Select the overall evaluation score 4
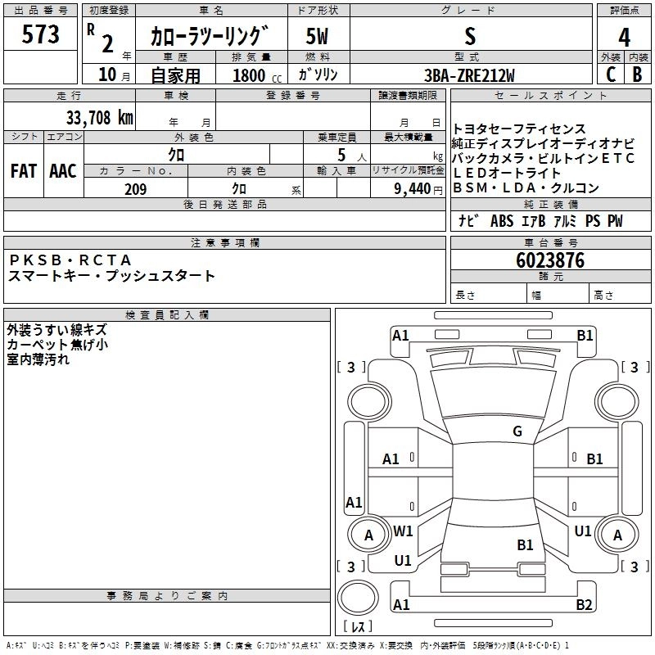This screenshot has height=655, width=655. click(x=624, y=38)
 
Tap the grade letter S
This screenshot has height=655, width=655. click(x=469, y=36)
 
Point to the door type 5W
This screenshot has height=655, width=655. click(x=317, y=36)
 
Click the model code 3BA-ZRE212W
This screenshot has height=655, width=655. click(x=470, y=75)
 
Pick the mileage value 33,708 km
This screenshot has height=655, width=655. click(x=99, y=117)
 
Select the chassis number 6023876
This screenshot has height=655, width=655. click(x=550, y=260)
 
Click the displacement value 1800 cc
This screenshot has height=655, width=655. click(x=251, y=75)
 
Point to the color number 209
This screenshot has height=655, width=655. click(x=135, y=189)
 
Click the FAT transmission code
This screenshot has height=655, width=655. click(x=24, y=170)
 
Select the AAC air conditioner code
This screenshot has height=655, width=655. click(x=63, y=170)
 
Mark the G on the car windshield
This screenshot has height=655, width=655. click(x=517, y=431)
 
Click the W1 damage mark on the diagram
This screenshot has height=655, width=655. click(x=403, y=531)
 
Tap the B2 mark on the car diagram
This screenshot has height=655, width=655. click(x=584, y=604)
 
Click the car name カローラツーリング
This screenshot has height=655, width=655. click(x=210, y=37)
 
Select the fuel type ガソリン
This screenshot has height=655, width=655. click(x=318, y=75)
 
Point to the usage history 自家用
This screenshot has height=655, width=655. click(x=175, y=75)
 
